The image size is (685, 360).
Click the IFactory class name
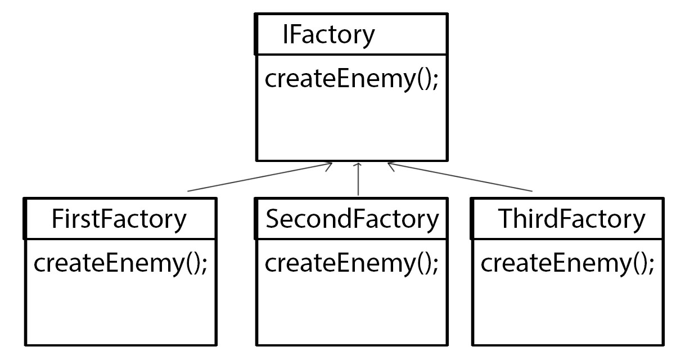click(x=328, y=34)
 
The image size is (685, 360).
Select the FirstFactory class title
click(x=119, y=219)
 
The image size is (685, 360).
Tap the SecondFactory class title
click(x=351, y=219)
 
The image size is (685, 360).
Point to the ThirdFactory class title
click(x=572, y=219)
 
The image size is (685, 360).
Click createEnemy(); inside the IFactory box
click(x=351, y=79)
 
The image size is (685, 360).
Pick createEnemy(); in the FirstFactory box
click(x=120, y=263)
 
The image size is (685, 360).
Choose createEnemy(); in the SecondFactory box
click(x=351, y=263)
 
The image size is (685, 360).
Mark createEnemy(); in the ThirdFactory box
click(x=567, y=263)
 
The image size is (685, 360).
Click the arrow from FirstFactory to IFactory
click(x=259, y=177)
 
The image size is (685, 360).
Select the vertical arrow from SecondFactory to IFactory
click(x=358, y=180)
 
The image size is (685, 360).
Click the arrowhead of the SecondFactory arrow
click(x=358, y=165)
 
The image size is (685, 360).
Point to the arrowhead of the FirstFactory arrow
click(x=329, y=164)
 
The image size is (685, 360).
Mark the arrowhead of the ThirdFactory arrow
click(x=390, y=165)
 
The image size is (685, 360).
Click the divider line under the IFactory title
click(x=352, y=54)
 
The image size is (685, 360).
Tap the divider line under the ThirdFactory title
click(x=567, y=238)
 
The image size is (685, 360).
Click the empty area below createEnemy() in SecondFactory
click(x=352, y=309)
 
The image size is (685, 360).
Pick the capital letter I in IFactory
click(x=286, y=34)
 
